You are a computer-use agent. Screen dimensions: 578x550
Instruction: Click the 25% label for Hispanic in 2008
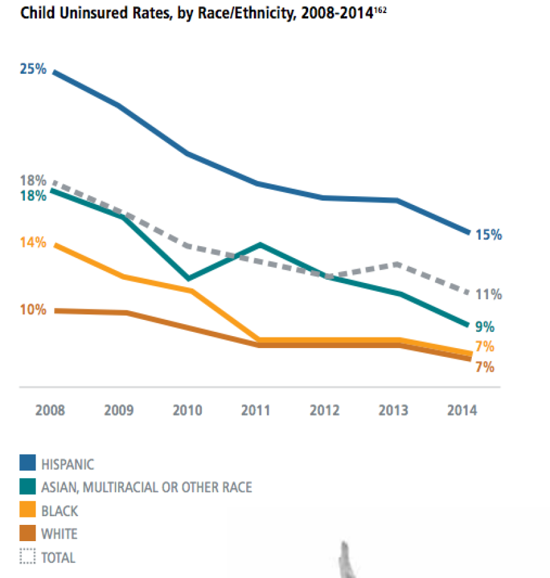click(x=33, y=69)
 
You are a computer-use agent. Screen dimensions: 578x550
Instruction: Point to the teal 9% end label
click(x=485, y=326)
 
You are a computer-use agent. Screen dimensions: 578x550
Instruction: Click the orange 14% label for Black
click(x=33, y=242)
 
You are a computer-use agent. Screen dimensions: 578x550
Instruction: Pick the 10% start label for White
click(x=33, y=310)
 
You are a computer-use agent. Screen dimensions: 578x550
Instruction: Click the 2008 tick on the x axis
click(x=50, y=411)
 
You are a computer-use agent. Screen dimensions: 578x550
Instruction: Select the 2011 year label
click(x=256, y=411)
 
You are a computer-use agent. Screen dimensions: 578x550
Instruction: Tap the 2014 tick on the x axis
click(x=461, y=411)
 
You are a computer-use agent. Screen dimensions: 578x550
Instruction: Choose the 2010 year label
click(x=187, y=411)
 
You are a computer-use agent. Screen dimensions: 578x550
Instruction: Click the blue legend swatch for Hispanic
click(x=27, y=463)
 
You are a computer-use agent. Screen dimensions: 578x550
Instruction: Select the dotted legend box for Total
click(x=27, y=557)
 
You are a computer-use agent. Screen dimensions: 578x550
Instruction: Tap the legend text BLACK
click(x=59, y=511)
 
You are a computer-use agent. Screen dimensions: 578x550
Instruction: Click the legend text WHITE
click(x=59, y=534)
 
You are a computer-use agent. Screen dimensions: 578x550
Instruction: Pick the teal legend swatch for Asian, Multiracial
click(x=27, y=487)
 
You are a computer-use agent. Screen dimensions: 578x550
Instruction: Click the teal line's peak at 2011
click(x=259, y=244)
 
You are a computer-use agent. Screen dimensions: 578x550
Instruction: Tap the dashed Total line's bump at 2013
click(x=397, y=264)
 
